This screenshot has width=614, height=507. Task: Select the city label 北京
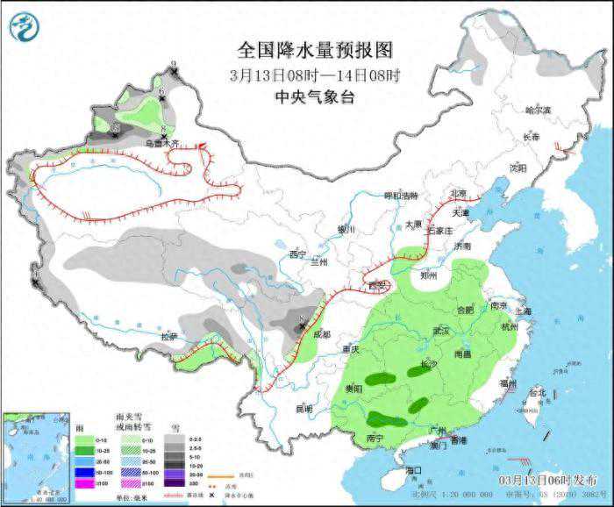[x=458, y=194]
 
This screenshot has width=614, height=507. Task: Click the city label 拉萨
[x=169, y=337]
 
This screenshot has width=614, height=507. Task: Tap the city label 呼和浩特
[x=402, y=196]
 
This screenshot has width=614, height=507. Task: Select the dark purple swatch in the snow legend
[x=175, y=482]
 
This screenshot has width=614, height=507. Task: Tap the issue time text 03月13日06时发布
[x=548, y=481]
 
